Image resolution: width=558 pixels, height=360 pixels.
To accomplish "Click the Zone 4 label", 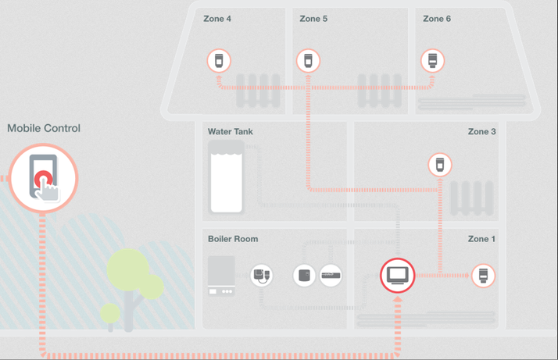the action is (x=217, y=19).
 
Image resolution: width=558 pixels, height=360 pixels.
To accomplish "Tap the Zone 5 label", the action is (x=313, y=19).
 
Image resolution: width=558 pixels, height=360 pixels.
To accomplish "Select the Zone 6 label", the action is (x=437, y=19).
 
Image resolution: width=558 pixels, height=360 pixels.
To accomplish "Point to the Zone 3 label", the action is (x=482, y=132).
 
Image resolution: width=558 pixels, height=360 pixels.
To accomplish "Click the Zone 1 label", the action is (x=481, y=239).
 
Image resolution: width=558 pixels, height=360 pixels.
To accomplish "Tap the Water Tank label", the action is (x=231, y=132).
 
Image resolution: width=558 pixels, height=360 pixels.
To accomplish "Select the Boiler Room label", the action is (x=233, y=239).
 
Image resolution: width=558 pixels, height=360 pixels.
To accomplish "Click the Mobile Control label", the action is (x=44, y=128).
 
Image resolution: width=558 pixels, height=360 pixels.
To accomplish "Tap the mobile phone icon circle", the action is (x=44, y=178).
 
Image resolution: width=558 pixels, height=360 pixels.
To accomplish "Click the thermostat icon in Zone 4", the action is (x=219, y=61).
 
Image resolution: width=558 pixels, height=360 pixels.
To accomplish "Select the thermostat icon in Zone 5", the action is (x=308, y=61).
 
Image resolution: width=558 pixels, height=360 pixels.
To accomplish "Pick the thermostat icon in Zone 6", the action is (x=432, y=61).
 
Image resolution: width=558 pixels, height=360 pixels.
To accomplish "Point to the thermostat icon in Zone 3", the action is (x=440, y=165).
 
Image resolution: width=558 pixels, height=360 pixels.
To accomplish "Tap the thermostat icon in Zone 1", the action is (x=483, y=276).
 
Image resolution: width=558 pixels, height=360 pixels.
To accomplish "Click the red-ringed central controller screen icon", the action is (x=398, y=276).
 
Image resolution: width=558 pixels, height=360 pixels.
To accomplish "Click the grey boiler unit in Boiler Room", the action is (x=221, y=276).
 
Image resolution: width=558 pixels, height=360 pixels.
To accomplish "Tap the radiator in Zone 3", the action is (x=472, y=198).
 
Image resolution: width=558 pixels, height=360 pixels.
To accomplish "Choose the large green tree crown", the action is (x=128, y=269).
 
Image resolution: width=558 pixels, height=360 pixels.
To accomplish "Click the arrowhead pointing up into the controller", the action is (x=398, y=300).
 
